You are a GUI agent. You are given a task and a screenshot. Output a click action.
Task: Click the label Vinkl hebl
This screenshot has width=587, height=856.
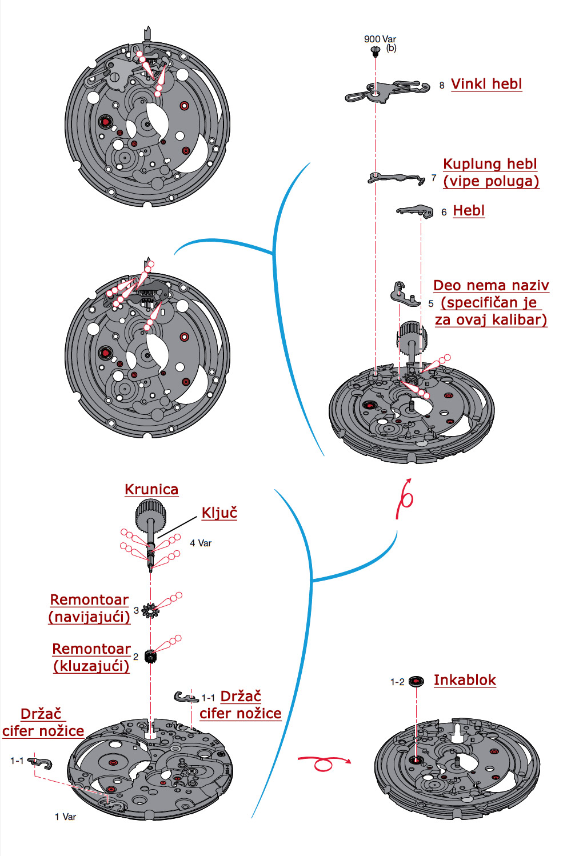(x=486, y=84)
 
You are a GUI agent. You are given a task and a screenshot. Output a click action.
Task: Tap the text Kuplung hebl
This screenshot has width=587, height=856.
(x=490, y=164)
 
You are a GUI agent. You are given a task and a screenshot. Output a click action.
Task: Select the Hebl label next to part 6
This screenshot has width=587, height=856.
(x=469, y=211)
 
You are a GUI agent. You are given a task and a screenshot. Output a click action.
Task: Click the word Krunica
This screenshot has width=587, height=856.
(x=151, y=490)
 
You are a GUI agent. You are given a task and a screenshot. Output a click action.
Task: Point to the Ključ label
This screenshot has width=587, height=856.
(x=219, y=513)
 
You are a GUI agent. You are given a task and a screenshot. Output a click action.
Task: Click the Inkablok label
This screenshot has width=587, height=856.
(x=465, y=680)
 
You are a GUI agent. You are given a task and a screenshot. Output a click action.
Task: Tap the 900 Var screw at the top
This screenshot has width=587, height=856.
(x=376, y=51)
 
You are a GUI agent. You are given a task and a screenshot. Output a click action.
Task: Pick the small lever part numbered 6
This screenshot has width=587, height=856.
(x=416, y=211)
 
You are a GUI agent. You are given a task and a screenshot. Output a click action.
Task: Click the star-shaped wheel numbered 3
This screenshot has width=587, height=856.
(x=150, y=611)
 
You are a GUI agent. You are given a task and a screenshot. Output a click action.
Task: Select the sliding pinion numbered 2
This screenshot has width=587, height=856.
(x=150, y=656)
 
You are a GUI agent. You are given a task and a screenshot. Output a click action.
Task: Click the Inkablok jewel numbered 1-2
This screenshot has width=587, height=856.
(x=416, y=681)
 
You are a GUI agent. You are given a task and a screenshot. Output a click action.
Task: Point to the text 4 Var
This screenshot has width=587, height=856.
(x=201, y=543)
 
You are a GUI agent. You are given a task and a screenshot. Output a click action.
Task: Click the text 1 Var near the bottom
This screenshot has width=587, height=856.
(x=65, y=817)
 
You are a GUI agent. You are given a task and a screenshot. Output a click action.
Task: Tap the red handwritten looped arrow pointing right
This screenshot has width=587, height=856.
(x=324, y=763)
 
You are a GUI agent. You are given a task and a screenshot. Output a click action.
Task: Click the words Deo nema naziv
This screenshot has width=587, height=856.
(x=491, y=286)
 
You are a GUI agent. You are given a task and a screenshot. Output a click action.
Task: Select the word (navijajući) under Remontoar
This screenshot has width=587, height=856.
(x=90, y=617)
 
